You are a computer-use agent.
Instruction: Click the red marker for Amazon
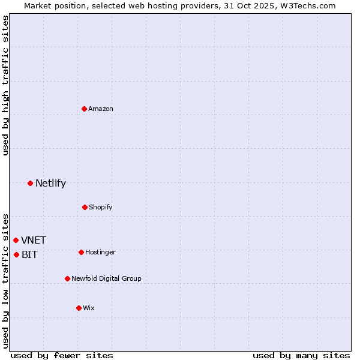(85, 109)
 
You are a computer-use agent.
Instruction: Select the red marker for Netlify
(30, 183)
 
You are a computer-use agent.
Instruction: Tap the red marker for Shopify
(85, 207)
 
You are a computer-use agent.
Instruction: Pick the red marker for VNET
(16, 240)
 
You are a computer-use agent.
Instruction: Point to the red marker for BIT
(16, 254)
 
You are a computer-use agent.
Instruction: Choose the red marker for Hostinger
(81, 252)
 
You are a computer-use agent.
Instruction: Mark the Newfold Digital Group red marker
(67, 278)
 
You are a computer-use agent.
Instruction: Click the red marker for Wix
(79, 308)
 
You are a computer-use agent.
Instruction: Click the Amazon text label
(101, 109)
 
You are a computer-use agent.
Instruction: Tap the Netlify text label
(50, 184)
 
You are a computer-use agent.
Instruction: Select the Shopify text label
(101, 207)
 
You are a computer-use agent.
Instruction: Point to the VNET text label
(34, 241)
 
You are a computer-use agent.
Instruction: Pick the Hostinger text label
(100, 252)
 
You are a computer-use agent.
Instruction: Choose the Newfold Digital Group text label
(106, 278)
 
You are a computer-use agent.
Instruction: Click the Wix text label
(89, 308)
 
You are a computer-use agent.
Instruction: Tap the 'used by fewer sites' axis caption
(62, 356)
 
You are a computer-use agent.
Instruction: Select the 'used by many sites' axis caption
(301, 356)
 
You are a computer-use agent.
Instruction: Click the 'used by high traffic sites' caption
(5, 85)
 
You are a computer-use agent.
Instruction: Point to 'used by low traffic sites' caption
(5, 280)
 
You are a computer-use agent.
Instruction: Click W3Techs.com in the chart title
(308, 5)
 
